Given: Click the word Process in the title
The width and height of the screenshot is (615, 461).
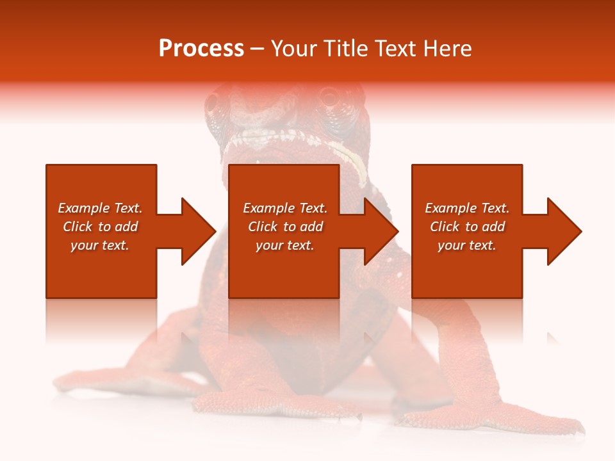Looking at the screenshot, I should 201,49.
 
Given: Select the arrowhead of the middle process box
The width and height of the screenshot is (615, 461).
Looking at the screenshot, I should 381,231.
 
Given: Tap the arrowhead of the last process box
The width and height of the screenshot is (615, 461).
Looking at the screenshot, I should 564,231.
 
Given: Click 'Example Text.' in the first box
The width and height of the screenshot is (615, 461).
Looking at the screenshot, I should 100,208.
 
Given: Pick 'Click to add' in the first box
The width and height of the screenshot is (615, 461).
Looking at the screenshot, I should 100,227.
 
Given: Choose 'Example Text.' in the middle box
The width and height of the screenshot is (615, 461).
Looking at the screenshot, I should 285,208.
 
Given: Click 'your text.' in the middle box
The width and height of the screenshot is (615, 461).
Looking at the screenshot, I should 285,245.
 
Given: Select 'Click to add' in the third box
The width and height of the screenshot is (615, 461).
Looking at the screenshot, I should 468,227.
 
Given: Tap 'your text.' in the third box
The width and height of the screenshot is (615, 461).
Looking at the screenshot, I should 467,245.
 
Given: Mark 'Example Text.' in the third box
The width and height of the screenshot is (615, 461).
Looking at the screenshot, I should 468,208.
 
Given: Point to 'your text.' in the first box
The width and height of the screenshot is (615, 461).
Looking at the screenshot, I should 100,245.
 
